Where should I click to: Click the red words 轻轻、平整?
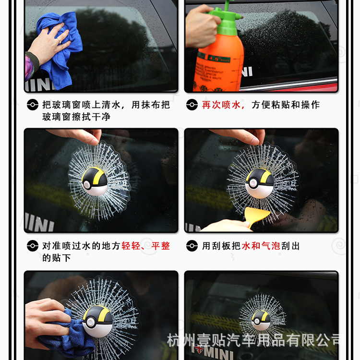[x=146, y=246]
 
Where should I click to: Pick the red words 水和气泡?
[x=261, y=246]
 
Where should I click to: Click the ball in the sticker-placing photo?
[x=95, y=181]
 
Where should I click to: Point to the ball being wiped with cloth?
[x=97, y=321]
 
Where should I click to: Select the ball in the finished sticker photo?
[x=261, y=320]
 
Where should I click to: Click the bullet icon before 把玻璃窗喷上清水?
[x=32, y=105]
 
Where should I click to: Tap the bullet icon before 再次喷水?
[x=192, y=105]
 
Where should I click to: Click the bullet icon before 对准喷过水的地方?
[x=32, y=246]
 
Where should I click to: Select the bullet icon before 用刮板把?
[x=192, y=246]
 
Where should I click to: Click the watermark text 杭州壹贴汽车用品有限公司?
[x=254, y=340]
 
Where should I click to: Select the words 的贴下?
[x=57, y=258]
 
